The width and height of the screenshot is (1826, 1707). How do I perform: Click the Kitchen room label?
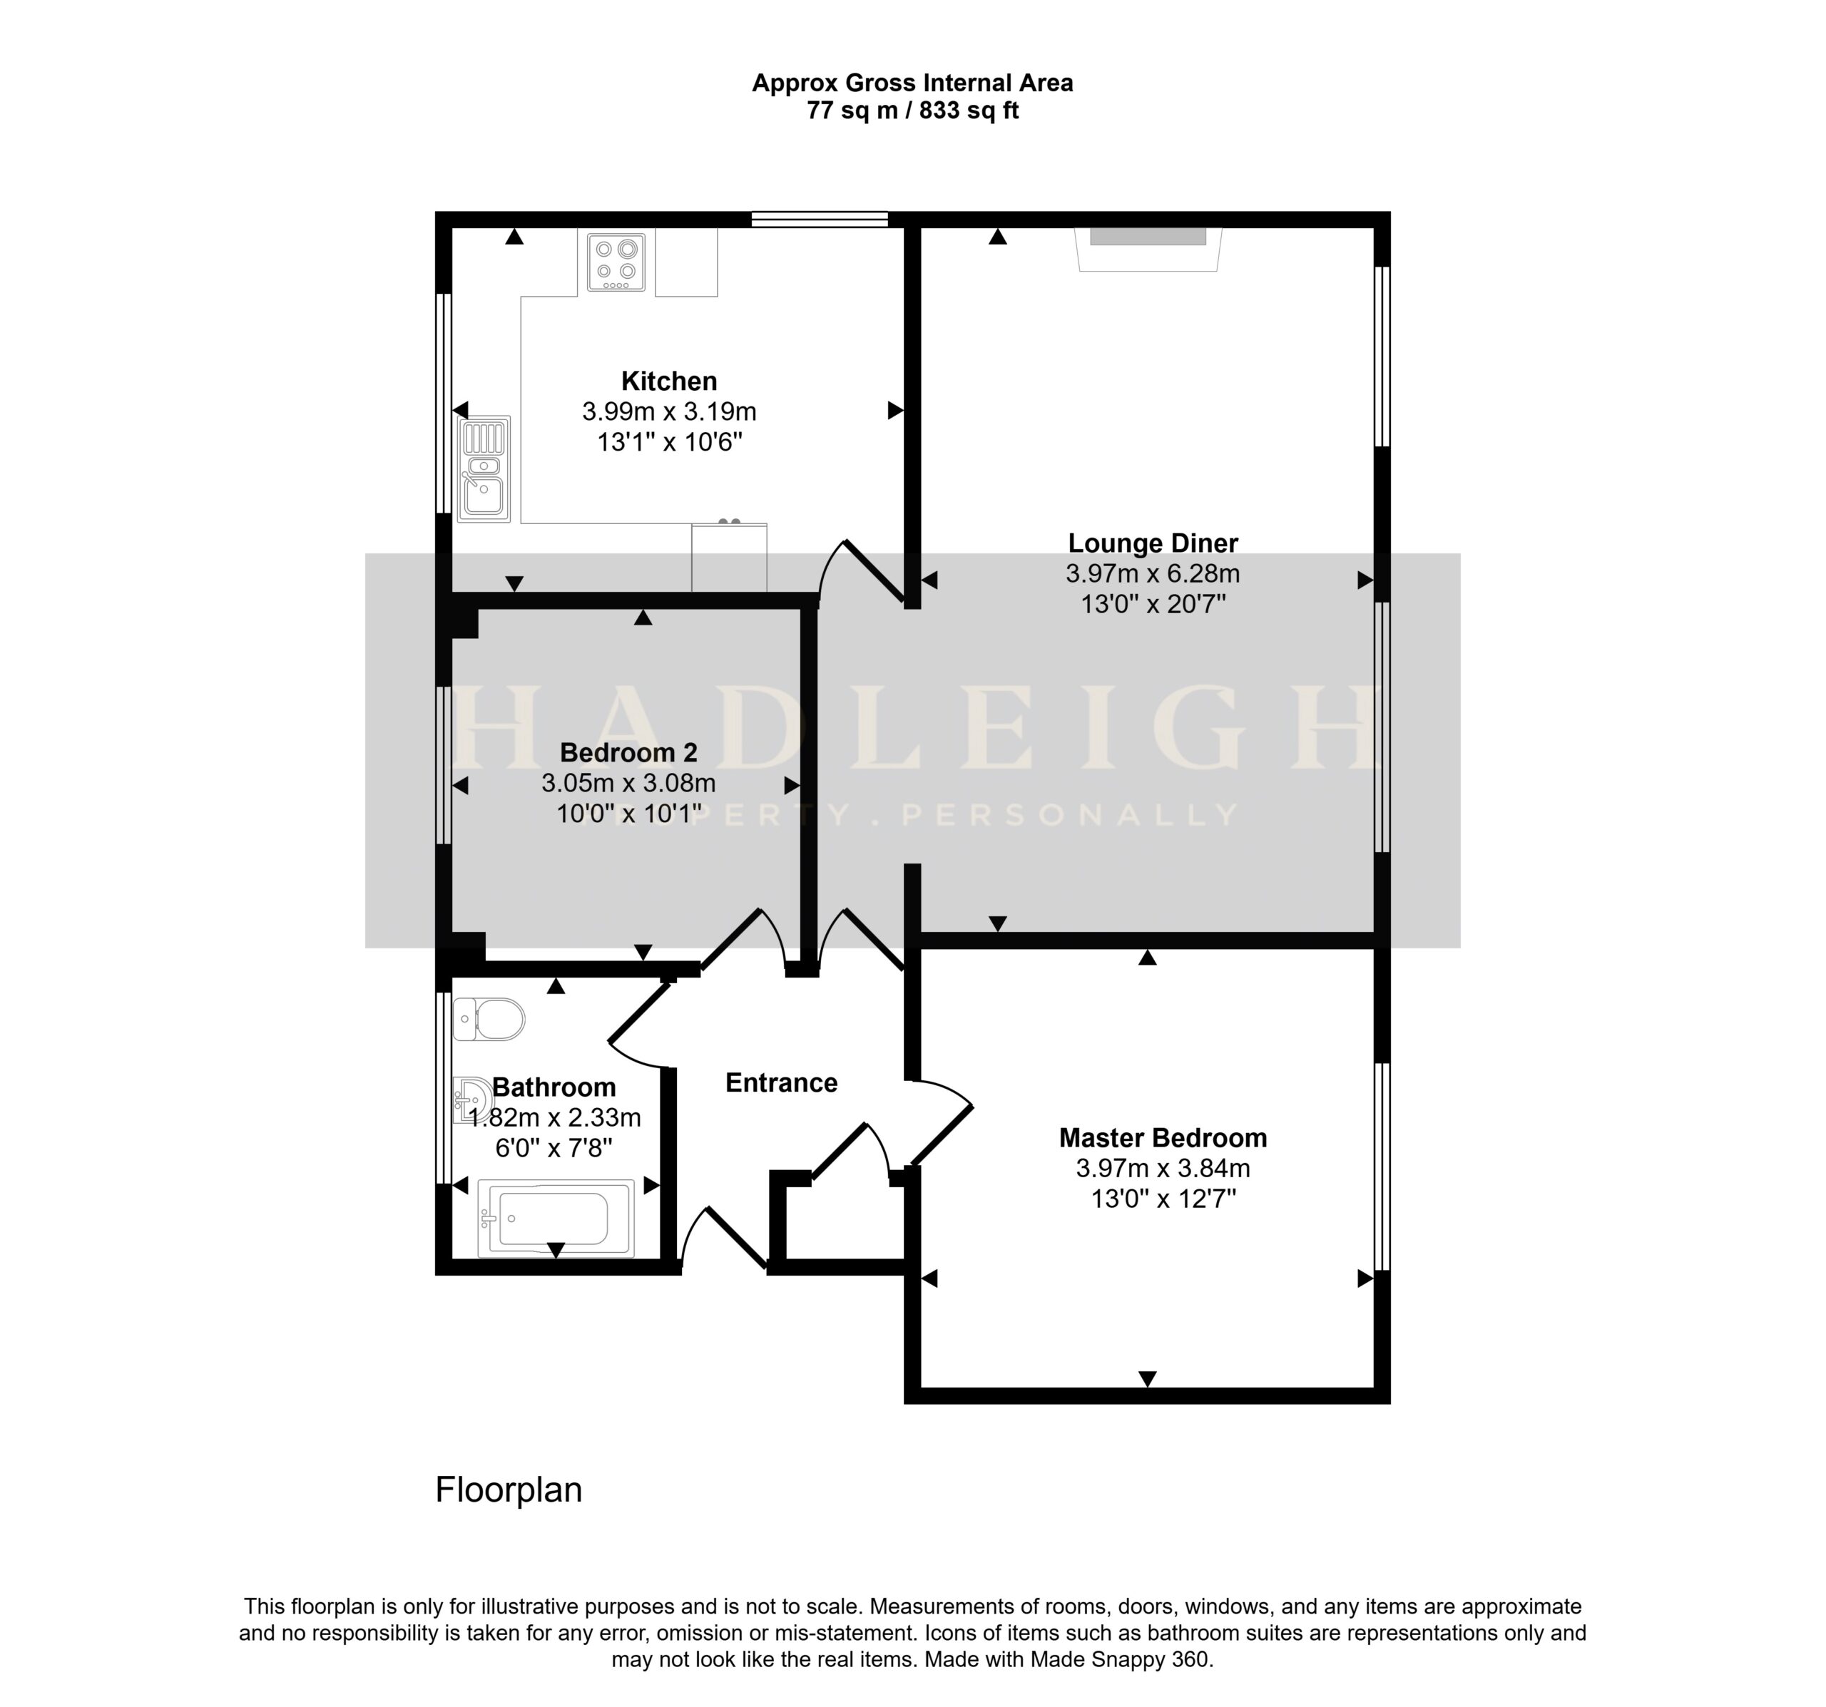pos(668,381)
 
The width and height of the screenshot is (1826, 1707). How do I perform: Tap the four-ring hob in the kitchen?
pos(616,262)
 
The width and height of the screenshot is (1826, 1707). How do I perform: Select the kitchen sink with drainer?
pos(484,469)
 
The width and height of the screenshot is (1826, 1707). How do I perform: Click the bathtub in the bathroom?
pos(556,1219)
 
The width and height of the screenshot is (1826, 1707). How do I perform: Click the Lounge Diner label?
pos(1153,543)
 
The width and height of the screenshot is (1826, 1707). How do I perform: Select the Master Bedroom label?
pos(1163,1139)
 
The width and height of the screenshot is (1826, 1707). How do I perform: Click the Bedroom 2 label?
pos(628,753)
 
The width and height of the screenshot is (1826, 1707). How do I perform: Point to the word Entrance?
pos(782,1084)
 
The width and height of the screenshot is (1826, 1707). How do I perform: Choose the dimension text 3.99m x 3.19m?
pos(668,412)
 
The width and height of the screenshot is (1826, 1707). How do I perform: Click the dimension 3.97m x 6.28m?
pos(1153,575)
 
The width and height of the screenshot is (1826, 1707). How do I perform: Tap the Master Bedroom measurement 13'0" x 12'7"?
pos(1163,1199)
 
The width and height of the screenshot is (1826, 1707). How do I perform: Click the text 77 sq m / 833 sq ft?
pos(913,111)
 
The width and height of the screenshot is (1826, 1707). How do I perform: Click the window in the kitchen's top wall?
pos(820,220)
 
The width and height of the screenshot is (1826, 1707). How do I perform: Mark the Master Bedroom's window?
pos(1382,1166)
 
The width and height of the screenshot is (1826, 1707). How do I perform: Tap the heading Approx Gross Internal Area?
pos(913,83)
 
